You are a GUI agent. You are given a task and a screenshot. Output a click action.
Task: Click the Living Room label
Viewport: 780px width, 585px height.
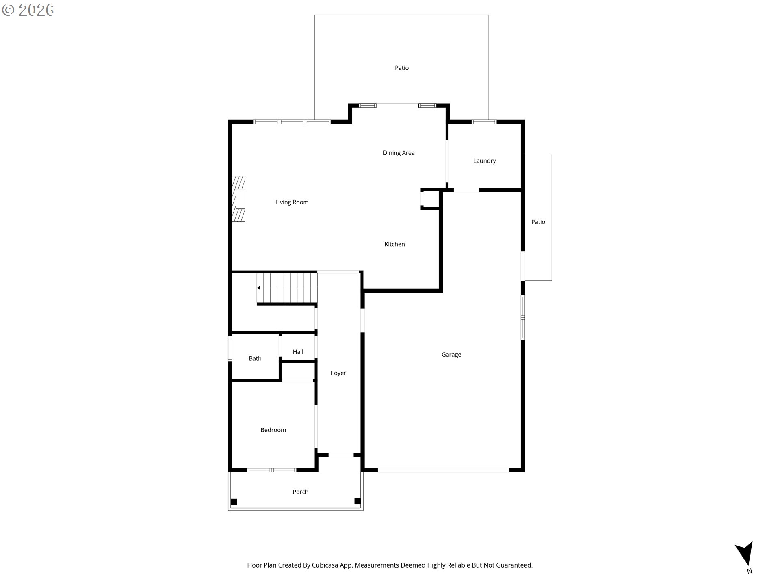(292, 202)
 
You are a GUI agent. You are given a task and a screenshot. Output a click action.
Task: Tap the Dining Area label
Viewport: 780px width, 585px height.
(399, 153)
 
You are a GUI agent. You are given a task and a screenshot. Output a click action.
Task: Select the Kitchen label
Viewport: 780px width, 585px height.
(394, 244)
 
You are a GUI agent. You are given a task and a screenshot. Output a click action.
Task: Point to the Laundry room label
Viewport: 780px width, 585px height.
(484, 161)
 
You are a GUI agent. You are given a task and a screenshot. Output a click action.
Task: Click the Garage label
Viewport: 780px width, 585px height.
(451, 355)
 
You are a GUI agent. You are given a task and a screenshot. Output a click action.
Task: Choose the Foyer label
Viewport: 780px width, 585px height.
(338, 373)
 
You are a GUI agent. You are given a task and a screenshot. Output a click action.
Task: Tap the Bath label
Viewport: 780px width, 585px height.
(255, 358)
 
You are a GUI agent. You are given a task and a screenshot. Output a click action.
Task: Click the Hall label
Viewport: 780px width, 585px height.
(298, 352)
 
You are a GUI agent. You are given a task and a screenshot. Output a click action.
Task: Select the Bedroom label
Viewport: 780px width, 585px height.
(273, 430)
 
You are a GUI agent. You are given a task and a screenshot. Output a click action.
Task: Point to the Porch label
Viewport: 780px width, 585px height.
(300, 492)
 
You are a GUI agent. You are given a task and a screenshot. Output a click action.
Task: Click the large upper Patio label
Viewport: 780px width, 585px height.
(401, 68)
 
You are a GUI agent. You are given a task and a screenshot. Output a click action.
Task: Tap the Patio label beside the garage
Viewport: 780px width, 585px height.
(538, 222)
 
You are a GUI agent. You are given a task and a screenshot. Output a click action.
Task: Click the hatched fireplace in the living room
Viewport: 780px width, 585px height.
(238, 199)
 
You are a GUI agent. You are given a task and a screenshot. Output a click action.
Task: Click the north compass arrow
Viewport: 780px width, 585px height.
(745, 554)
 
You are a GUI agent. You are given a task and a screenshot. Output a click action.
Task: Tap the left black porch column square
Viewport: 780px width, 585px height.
(234, 502)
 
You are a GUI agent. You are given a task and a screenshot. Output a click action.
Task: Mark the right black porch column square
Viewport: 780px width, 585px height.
(357, 501)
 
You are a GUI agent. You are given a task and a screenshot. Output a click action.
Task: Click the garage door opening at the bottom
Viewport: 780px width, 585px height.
(443, 470)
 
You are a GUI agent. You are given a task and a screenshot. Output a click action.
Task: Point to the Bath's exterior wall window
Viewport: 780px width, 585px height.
(230, 349)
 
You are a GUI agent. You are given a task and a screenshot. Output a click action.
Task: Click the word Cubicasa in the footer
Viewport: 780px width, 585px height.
(326, 565)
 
